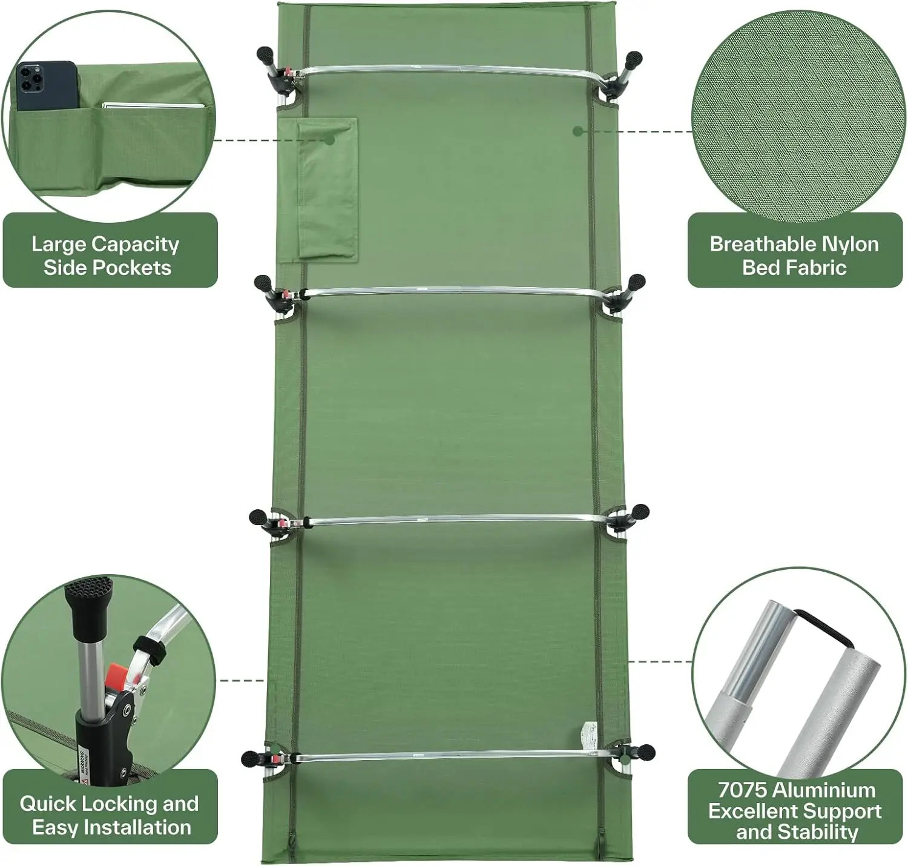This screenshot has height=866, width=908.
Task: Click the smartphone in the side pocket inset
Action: (46, 86)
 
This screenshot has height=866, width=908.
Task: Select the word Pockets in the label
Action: (139, 268)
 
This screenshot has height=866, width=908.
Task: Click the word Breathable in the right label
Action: (755, 244)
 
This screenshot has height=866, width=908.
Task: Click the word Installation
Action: (137, 827)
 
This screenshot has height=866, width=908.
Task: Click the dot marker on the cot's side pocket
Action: (329, 140)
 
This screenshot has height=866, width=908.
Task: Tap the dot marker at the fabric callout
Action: (577, 131)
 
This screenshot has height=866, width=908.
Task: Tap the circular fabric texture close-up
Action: (798, 116)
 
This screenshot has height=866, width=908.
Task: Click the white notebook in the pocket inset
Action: (153, 106)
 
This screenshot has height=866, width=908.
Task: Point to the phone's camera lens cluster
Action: (30, 78)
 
